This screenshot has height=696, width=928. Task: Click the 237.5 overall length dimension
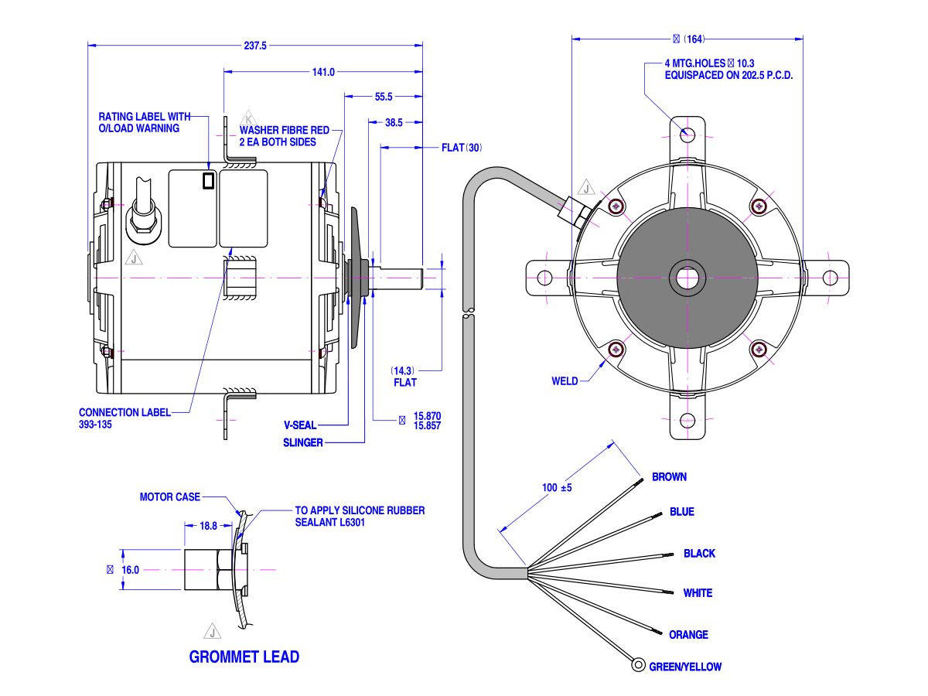pyautogui.click(x=255, y=46)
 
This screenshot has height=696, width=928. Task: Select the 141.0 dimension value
pyautogui.click(x=322, y=72)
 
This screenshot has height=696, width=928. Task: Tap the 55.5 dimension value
pyautogui.click(x=384, y=97)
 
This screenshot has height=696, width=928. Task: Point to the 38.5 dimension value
pyautogui.click(x=394, y=122)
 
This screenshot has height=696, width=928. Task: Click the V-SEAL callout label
pyautogui.click(x=300, y=425)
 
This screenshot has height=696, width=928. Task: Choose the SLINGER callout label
pyautogui.click(x=303, y=443)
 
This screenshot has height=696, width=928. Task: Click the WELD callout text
pyautogui.click(x=565, y=381)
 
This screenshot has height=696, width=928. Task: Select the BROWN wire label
pyautogui.click(x=669, y=477)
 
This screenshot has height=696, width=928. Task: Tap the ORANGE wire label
pyautogui.click(x=688, y=635)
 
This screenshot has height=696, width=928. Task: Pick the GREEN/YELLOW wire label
pyautogui.click(x=685, y=667)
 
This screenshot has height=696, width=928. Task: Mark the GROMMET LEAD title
pyautogui.click(x=244, y=657)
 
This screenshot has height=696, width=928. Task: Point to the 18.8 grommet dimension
pyautogui.click(x=209, y=526)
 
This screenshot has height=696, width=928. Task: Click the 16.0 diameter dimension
pyautogui.click(x=130, y=570)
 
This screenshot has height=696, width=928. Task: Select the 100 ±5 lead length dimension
pyautogui.click(x=557, y=489)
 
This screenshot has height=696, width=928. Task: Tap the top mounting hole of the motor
pyautogui.click(x=687, y=135)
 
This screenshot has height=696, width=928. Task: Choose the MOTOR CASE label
pyautogui.click(x=169, y=497)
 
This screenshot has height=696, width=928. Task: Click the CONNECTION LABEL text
pyautogui.click(x=125, y=413)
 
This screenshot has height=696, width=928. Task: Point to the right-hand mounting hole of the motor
pyautogui.click(x=831, y=278)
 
